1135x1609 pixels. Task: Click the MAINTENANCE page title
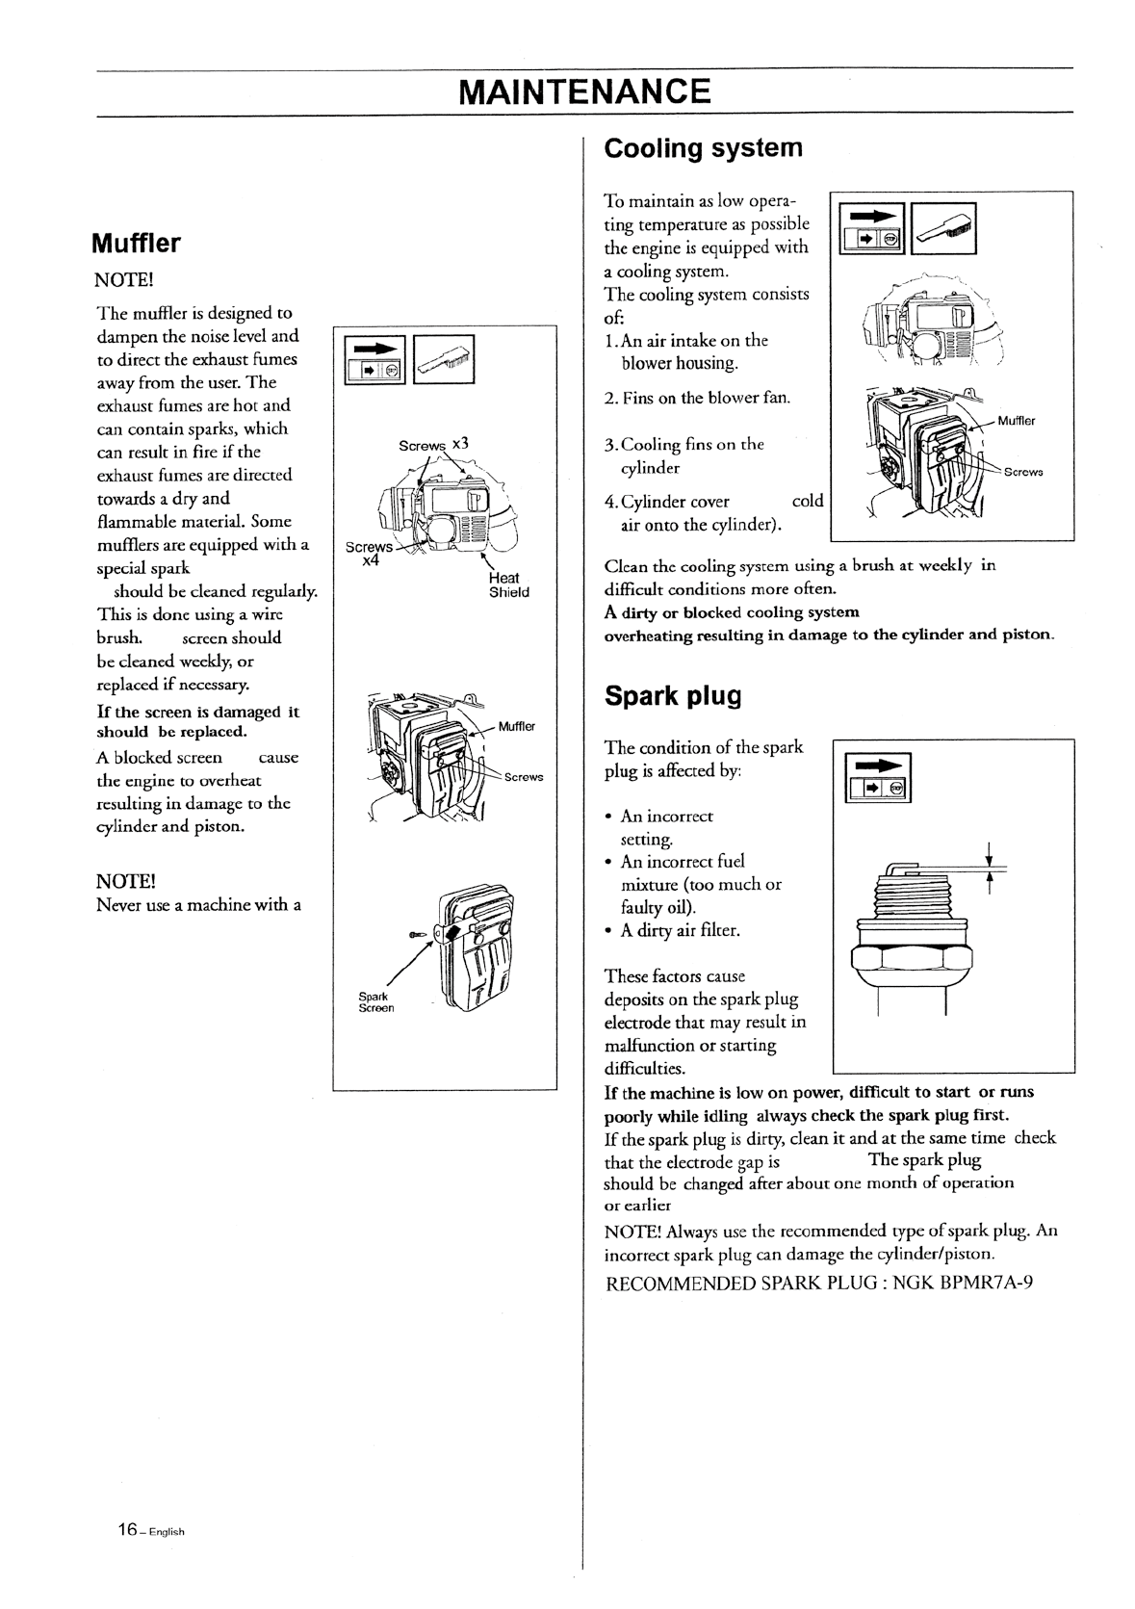(x=585, y=91)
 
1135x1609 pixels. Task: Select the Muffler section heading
(x=136, y=243)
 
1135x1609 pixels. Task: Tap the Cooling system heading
(x=703, y=148)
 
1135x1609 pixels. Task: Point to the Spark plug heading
(x=673, y=695)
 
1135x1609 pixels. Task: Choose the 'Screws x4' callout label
(x=368, y=554)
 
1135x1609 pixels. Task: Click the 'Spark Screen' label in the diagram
(x=376, y=1001)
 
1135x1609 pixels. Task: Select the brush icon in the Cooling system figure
(x=943, y=229)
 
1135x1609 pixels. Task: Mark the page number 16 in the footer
(x=128, y=1530)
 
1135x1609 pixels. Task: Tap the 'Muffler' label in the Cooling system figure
(x=1016, y=421)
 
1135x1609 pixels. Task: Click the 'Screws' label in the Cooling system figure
(x=1022, y=472)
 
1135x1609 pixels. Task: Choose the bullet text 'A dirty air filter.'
(x=680, y=930)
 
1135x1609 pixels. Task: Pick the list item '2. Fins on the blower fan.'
(x=697, y=398)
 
